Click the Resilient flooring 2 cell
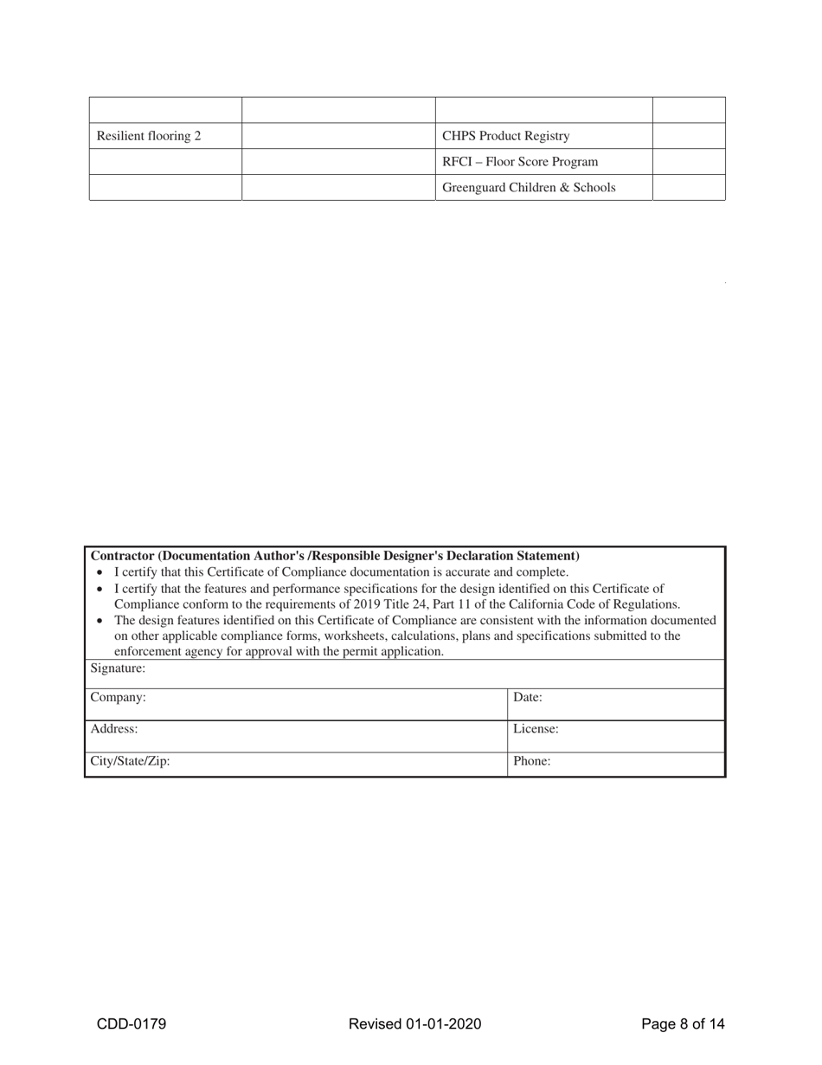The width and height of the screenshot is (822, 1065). click(x=149, y=136)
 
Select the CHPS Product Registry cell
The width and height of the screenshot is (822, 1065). click(x=506, y=136)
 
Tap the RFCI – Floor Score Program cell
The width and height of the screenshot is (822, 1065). click(x=520, y=162)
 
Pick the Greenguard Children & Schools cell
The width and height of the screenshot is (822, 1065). click(x=529, y=188)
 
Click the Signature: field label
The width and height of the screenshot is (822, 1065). click(x=118, y=668)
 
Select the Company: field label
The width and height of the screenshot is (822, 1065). click(x=119, y=697)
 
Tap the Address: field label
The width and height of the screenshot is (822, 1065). click(x=114, y=729)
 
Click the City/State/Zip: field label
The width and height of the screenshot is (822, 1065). click(x=131, y=761)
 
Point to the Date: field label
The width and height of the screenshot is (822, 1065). click(x=528, y=697)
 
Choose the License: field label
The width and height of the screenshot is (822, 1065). click(x=536, y=729)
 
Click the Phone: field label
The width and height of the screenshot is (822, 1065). click(x=532, y=761)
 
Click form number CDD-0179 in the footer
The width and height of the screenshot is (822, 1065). click(x=132, y=1024)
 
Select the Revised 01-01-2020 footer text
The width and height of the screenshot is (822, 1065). click(x=414, y=1024)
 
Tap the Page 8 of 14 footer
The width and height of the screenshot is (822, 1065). click(x=683, y=1024)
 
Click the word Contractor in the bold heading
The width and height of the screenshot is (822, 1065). click(x=122, y=556)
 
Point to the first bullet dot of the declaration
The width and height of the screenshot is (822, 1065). click(x=100, y=573)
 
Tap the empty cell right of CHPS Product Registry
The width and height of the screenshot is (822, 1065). click(x=689, y=136)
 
